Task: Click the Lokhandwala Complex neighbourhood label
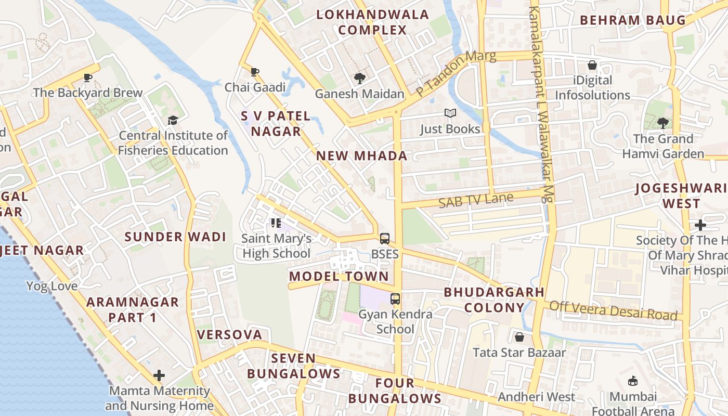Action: [x=373, y=22]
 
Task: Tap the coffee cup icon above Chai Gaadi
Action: [x=254, y=72]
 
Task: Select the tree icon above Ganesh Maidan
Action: [x=359, y=79]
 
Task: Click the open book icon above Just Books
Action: [x=450, y=113]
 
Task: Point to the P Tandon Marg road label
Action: [x=456, y=73]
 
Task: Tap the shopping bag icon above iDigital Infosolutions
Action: [x=592, y=66]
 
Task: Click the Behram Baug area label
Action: [x=633, y=20]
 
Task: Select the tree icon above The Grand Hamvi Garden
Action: [x=662, y=123]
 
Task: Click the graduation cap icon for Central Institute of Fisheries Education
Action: [x=173, y=121]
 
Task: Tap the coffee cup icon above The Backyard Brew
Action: [x=88, y=78]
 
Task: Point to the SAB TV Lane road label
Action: [x=476, y=200]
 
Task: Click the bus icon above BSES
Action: [x=385, y=239]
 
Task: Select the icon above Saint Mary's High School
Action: [x=276, y=224]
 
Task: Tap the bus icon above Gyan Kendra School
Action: [x=395, y=299]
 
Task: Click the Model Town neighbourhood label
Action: [x=339, y=276]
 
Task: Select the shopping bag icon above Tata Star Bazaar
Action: [x=519, y=337]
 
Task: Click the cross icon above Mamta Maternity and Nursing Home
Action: [x=159, y=375]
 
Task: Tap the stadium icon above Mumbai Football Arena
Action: [x=632, y=381]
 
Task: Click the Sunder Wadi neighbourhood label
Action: [x=175, y=237]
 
